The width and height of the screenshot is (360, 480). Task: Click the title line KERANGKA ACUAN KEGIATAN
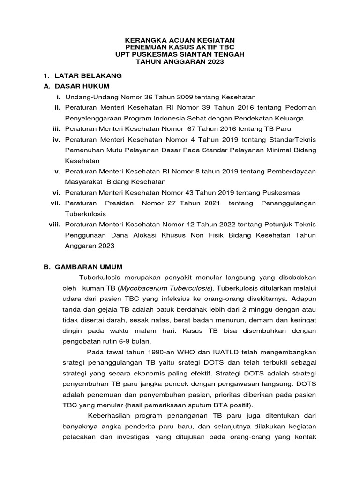180,41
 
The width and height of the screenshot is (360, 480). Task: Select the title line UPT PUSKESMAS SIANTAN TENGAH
180,55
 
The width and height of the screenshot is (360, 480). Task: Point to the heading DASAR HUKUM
82,86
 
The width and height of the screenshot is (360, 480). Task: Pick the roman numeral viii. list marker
55,225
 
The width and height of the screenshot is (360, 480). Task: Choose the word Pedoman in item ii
300,108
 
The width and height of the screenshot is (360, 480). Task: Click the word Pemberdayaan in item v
292,171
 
